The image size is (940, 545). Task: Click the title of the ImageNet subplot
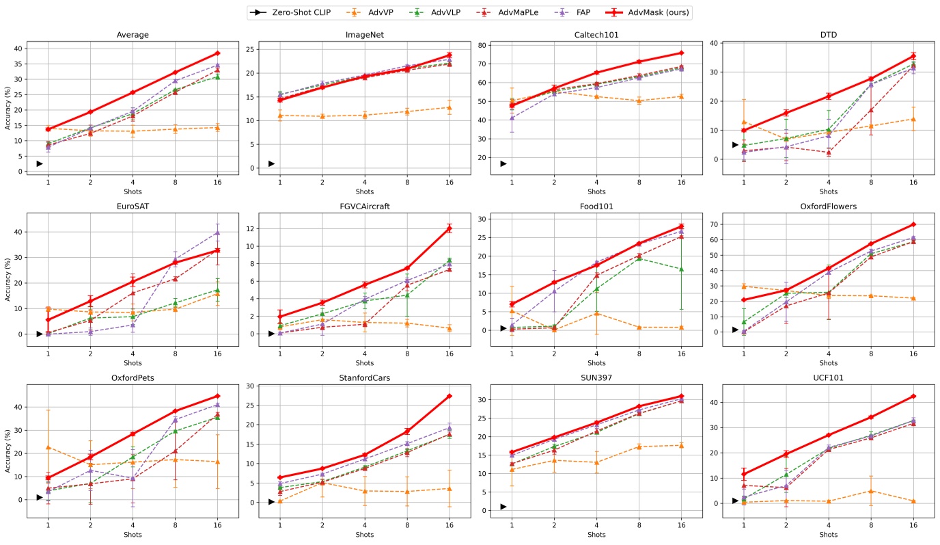[364, 35]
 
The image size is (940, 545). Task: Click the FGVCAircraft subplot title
[364, 206]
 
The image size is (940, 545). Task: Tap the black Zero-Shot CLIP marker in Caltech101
[503, 163]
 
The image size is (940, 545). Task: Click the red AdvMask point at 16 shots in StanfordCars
[450, 396]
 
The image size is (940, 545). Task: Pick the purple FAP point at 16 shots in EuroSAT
[217, 232]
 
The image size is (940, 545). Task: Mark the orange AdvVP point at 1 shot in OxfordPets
[48, 447]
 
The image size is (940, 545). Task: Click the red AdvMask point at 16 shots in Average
[217, 53]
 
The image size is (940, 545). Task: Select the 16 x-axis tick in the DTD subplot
[913, 184]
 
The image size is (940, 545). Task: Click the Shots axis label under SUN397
[596, 535]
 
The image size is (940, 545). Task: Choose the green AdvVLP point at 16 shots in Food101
[681, 269]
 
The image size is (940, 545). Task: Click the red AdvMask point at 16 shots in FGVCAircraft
[450, 228]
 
